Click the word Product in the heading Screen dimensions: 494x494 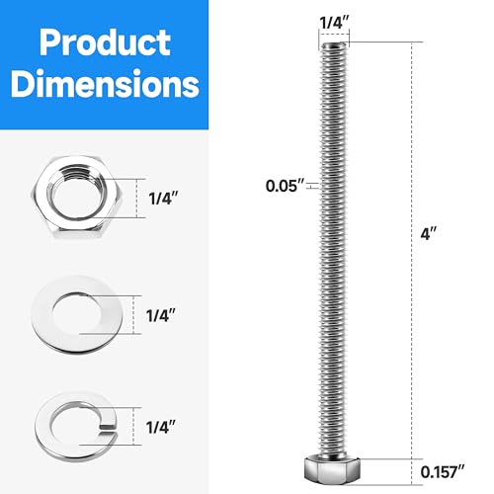coord(97,42)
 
